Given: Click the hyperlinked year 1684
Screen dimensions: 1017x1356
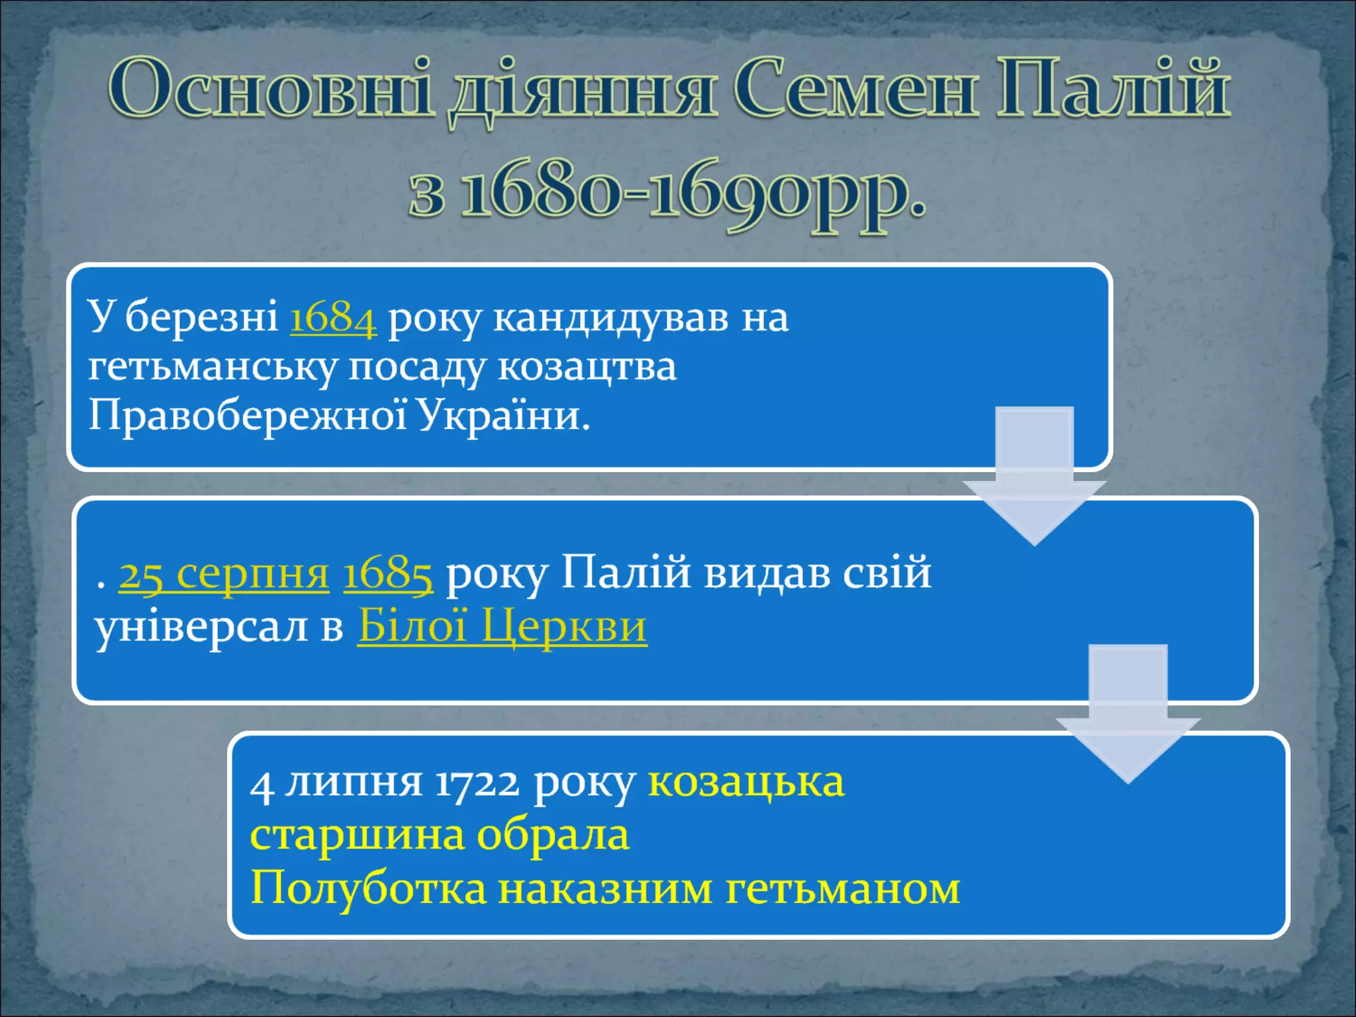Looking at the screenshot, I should (x=333, y=317).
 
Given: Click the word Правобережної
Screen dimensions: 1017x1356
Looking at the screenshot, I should (x=247, y=416).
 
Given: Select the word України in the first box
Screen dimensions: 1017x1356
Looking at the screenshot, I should (x=503, y=416).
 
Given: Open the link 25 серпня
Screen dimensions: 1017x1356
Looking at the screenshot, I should (x=223, y=573).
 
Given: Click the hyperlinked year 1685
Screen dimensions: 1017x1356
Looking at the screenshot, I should (x=388, y=573).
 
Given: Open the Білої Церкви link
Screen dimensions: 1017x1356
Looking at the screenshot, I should (x=502, y=626).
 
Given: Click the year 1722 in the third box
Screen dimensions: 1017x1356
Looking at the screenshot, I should (x=477, y=783).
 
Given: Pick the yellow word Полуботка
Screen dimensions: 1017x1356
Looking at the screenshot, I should (x=368, y=888).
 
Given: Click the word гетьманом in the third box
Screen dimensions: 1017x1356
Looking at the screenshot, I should (x=843, y=888).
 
